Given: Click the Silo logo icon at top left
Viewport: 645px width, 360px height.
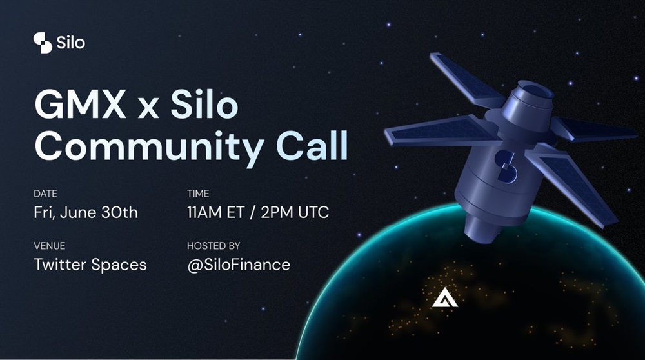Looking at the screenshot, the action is pyautogui.click(x=43, y=43).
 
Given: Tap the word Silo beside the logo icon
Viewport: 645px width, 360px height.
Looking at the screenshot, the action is pyautogui.click(x=71, y=43).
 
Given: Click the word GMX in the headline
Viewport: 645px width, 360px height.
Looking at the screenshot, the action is pyautogui.click(x=80, y=105).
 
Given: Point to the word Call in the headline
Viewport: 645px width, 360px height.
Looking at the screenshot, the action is pyautogui.click(x=312, y=145).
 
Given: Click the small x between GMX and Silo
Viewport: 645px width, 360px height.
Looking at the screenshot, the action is pyautogui.click(x=148, y=108).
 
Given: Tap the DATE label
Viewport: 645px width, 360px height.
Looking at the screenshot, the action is pyautogui.click(x=45, y=194).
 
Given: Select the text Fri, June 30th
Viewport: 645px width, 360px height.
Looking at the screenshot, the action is pyautogui.click(x=86, y=213).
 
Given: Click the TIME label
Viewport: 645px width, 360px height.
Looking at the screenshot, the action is pyautogui.click(x=198, y=194).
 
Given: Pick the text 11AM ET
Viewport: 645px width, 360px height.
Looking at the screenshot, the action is pyautogui.click(x=215, y=213).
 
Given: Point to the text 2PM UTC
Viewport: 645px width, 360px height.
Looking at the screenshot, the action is pyautogui.click(x=295, y=213).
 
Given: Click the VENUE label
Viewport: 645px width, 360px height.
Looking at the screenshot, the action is pyautogui.click(x=50, y=246).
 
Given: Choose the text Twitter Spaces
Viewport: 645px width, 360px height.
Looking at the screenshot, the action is pyautogui.click(x=90, y=265).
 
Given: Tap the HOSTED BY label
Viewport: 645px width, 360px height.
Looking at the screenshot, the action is pyautogui.click(x=213, y=246).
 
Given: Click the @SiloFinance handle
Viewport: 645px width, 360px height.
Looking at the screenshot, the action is pyautogui.click(x=239, y=265).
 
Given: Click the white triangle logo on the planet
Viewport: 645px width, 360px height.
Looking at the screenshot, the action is pyautogui.click(x=444, y=299).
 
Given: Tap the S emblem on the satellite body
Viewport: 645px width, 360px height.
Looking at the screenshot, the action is pyautogui.click(x=506, y=165).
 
